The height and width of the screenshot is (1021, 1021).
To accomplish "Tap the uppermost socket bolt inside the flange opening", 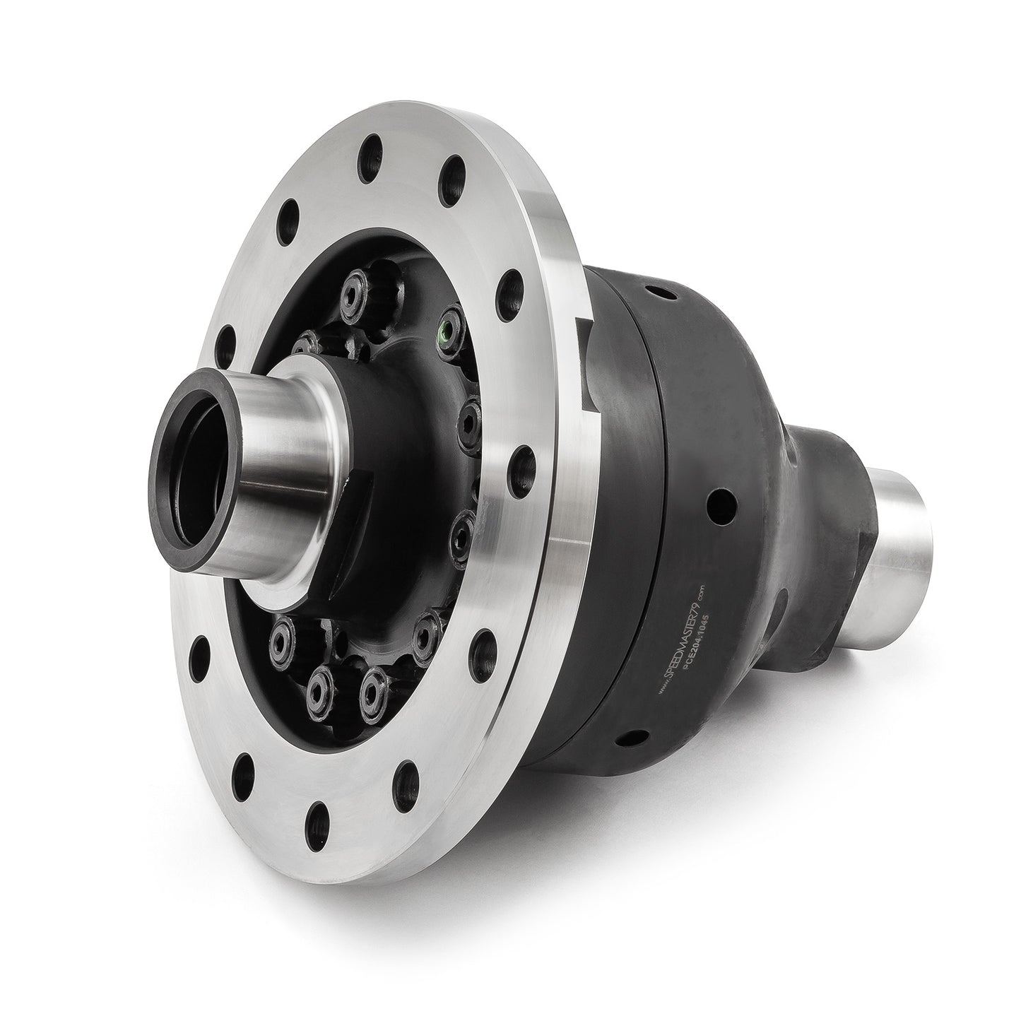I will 353,290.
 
